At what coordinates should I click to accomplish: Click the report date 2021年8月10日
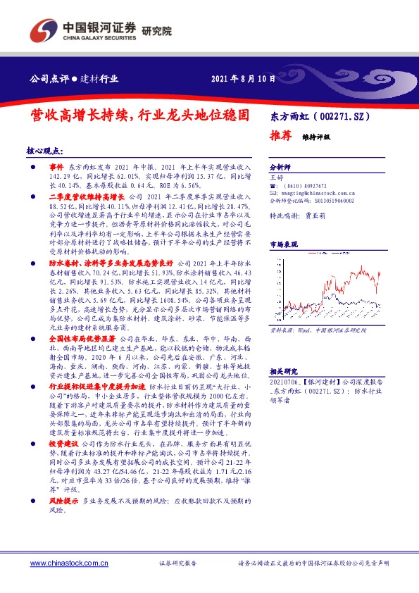pyautogui.click(x=244, y=78)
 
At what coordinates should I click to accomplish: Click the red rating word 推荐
pyautogui.click(x=282, y=136)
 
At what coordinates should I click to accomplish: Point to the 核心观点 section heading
pyautogui.click(x=44, y=151)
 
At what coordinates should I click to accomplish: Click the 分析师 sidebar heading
pyautogui.click(x=280, y=168)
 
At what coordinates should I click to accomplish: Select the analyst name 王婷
pyautogui.click(x=277, y=178)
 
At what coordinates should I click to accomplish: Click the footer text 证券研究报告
pyautogui.click(x=177, y=563)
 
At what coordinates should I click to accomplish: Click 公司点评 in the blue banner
pyautogui.click(x=46, y=78)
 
